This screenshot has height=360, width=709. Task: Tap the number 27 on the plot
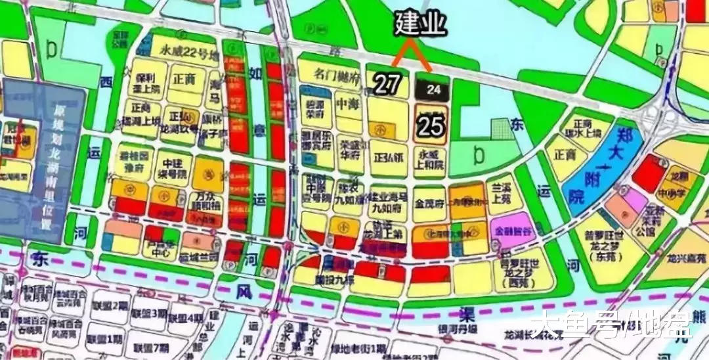point(387,83)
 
